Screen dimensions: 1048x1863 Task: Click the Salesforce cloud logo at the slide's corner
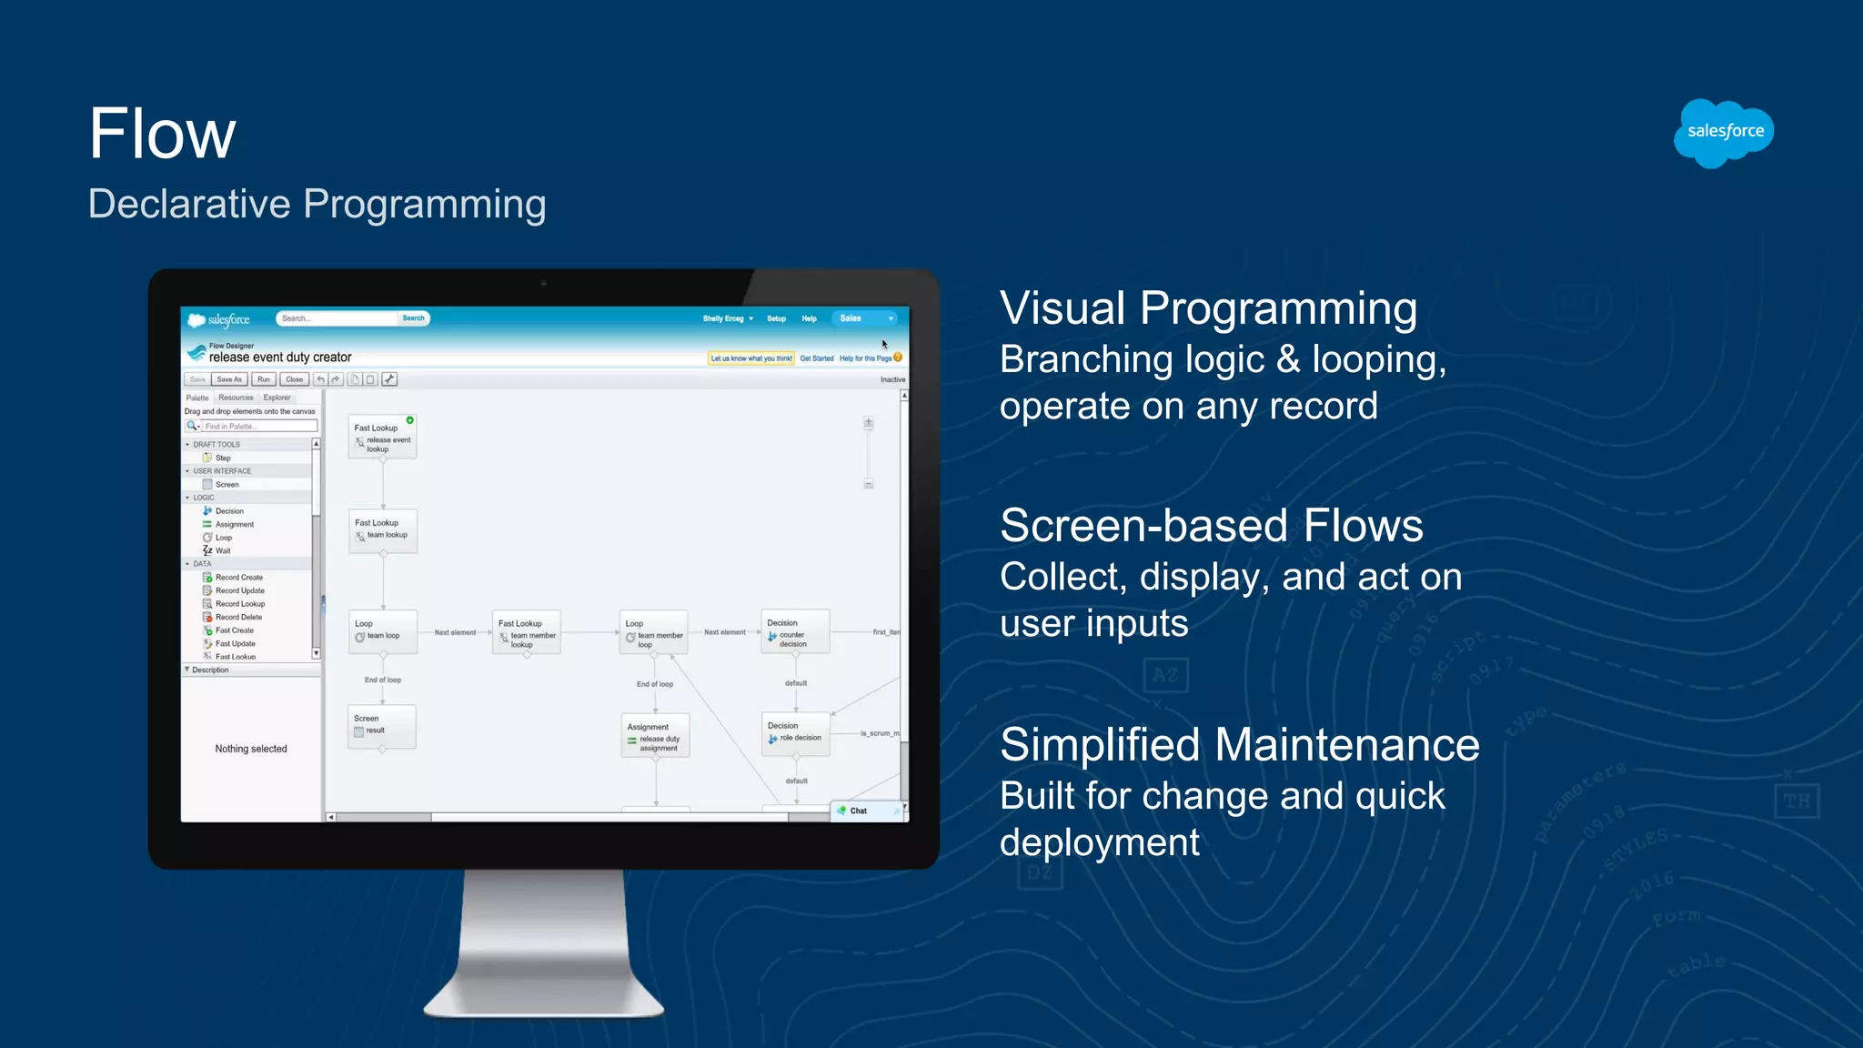[x=1724, y=133]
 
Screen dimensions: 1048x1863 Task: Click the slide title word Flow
[x=162, y=135]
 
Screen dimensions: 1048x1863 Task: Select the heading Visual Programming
[x=1208, y=308]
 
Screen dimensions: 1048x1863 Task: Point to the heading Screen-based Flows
[x=1211, y=526]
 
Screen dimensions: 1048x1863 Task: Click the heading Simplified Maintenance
[x=1239, y=745]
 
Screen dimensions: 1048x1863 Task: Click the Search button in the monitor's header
[x=413, y=318]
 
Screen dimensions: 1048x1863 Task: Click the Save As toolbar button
[x=229, y=379]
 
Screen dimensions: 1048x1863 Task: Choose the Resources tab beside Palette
[x=236, y=398]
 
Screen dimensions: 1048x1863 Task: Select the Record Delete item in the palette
[x=238, y=617]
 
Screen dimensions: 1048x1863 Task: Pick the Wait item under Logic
[x=223, y=550]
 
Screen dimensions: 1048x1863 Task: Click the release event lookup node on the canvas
[x=382, y=438]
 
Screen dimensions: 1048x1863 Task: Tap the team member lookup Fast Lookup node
[x=527, y=632]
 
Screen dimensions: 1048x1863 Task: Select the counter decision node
[x=794, y=632]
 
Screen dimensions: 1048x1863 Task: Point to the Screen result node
[x=382, y=726]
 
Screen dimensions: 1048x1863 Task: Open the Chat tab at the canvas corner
[x=859, y=811]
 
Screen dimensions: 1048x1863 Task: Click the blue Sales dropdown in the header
[x=864, y=318]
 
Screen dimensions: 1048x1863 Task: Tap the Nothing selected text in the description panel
[x=251, y=749]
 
